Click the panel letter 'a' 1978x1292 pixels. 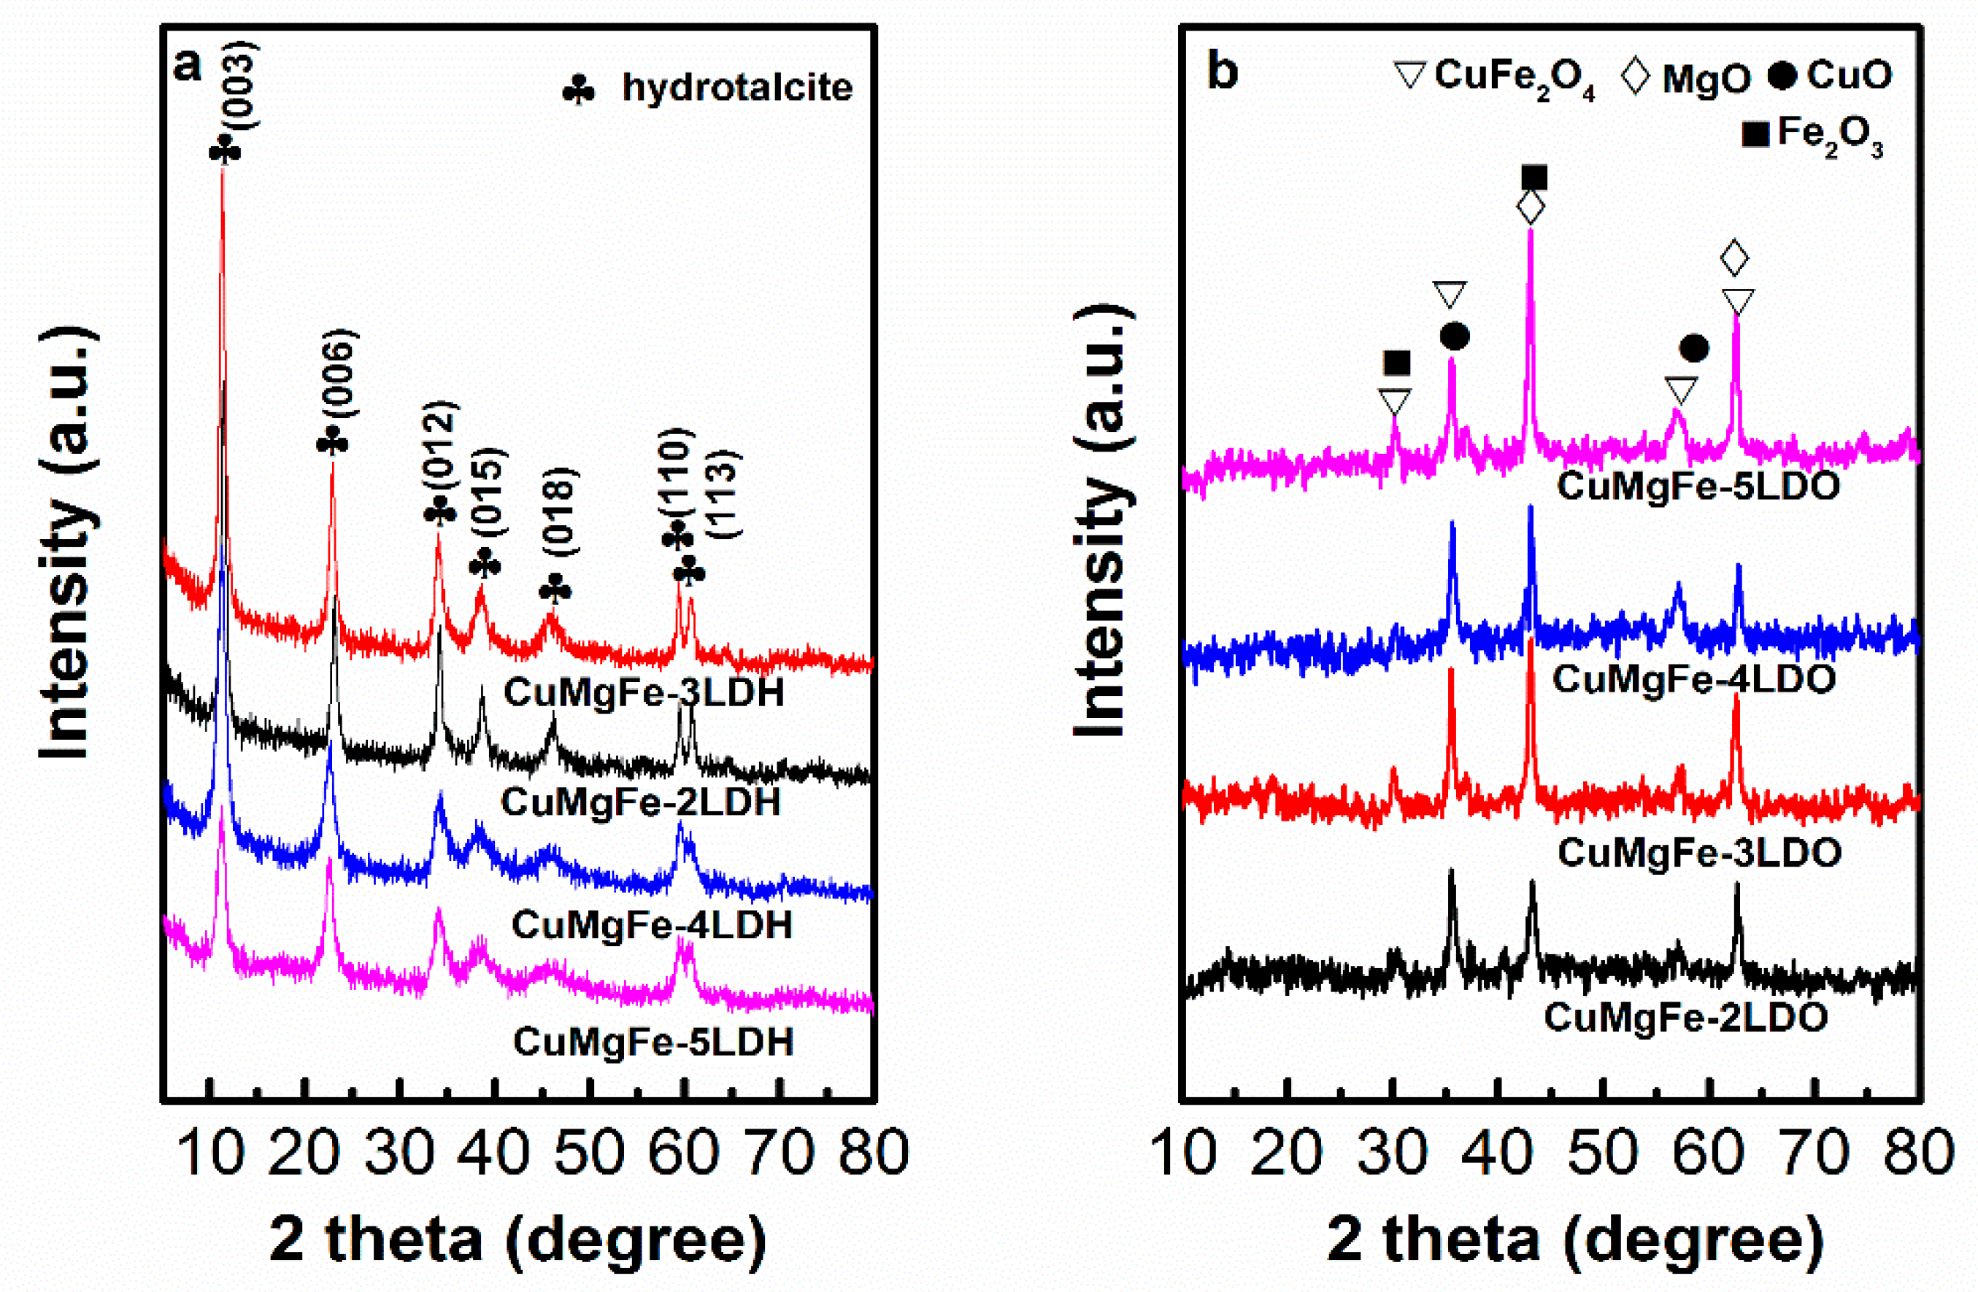coord(188,66)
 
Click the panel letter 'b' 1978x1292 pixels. coord(1222,72)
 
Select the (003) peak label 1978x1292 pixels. coord(244,85)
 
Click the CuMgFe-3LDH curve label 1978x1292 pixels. coord(643,692)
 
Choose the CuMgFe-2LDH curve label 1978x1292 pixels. coord(640,802)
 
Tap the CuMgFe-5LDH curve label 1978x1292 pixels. coord(653,1041)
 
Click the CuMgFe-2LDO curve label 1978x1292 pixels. coord(1685,1017)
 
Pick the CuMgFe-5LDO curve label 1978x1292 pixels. coord(1698,485)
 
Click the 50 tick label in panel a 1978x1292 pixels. coord(588,1153)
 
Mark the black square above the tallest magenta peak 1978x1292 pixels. coord(1534,178)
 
